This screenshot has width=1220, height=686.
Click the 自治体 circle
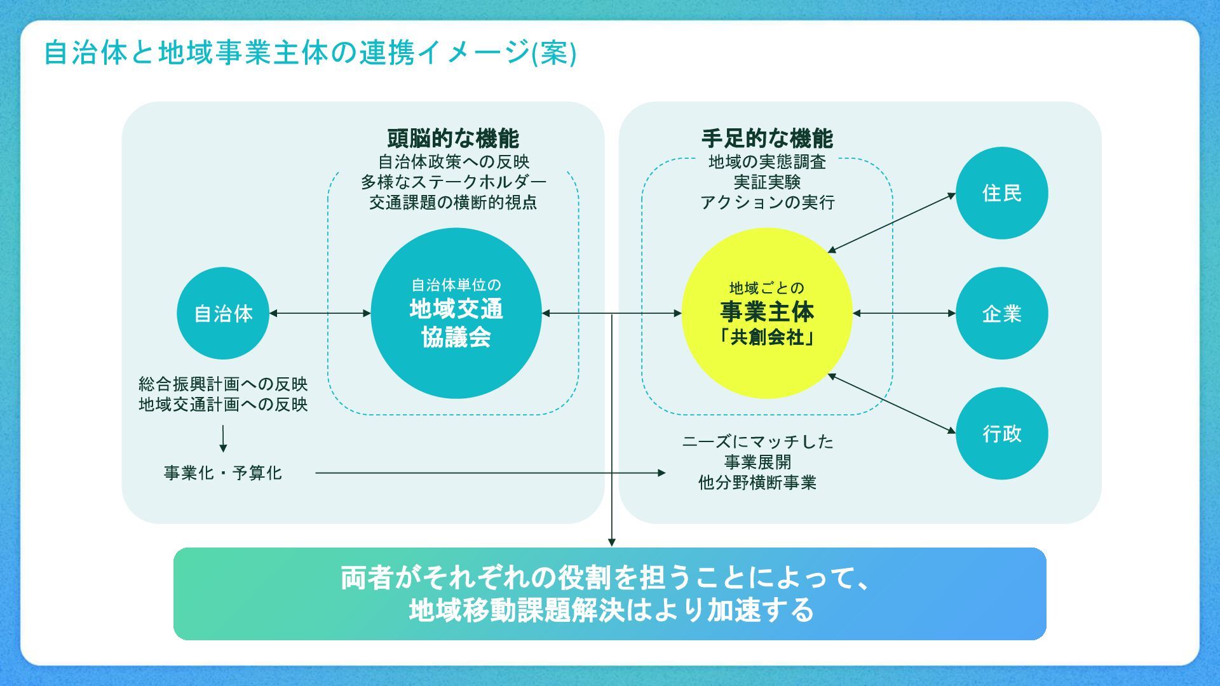coord(223,313)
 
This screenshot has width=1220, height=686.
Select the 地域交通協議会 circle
coord(456,313)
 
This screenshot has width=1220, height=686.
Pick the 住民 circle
coord(1001,193)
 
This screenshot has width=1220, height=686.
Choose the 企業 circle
coord(1001,313)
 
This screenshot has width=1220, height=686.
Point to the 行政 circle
coord(1001,433)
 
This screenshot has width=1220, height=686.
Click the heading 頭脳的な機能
coord(453,138)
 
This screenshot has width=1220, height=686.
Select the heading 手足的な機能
coord(767,138)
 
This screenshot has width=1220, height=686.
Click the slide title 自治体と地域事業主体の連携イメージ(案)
coord(310,53)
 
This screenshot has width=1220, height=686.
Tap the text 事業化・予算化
coord(223,473)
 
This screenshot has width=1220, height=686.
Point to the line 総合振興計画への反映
coord(223,384)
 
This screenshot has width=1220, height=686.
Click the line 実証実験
coord(767,182)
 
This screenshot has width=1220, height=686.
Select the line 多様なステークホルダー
coord(453,182)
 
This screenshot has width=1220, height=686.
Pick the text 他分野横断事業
coord(757,483)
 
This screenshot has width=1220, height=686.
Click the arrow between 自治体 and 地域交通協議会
coord(320,313)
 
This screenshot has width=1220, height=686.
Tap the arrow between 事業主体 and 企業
coord(904,313)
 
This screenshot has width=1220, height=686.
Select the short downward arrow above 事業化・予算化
coord(223,438)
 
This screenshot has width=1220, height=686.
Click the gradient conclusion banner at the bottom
coord(610,594)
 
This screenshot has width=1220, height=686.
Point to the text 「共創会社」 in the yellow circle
coord(767,337)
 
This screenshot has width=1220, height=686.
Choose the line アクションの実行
coord(767,203)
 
